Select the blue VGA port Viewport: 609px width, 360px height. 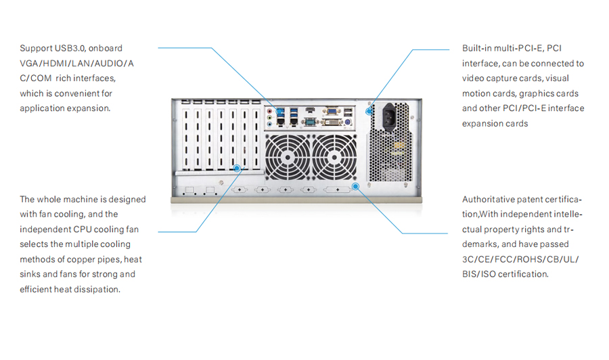[x=332, y=110]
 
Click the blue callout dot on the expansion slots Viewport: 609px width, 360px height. [x=236, y=167]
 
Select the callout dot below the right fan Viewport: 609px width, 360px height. [x=354, y=185]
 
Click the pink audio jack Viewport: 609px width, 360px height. [x=271, y=110]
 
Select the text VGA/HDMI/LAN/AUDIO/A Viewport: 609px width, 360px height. [x=76, y=64]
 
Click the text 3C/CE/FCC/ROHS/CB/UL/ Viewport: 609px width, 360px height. [x=520, y=259]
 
